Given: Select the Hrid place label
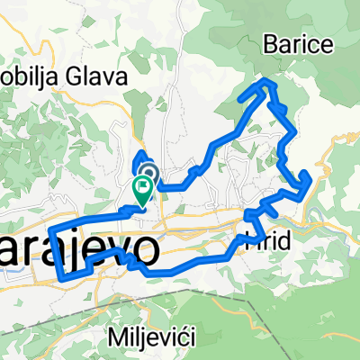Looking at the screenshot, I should click(267, 240).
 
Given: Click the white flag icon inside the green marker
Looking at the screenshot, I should click(142, 186).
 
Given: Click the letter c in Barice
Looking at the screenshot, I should click(302, 42).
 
